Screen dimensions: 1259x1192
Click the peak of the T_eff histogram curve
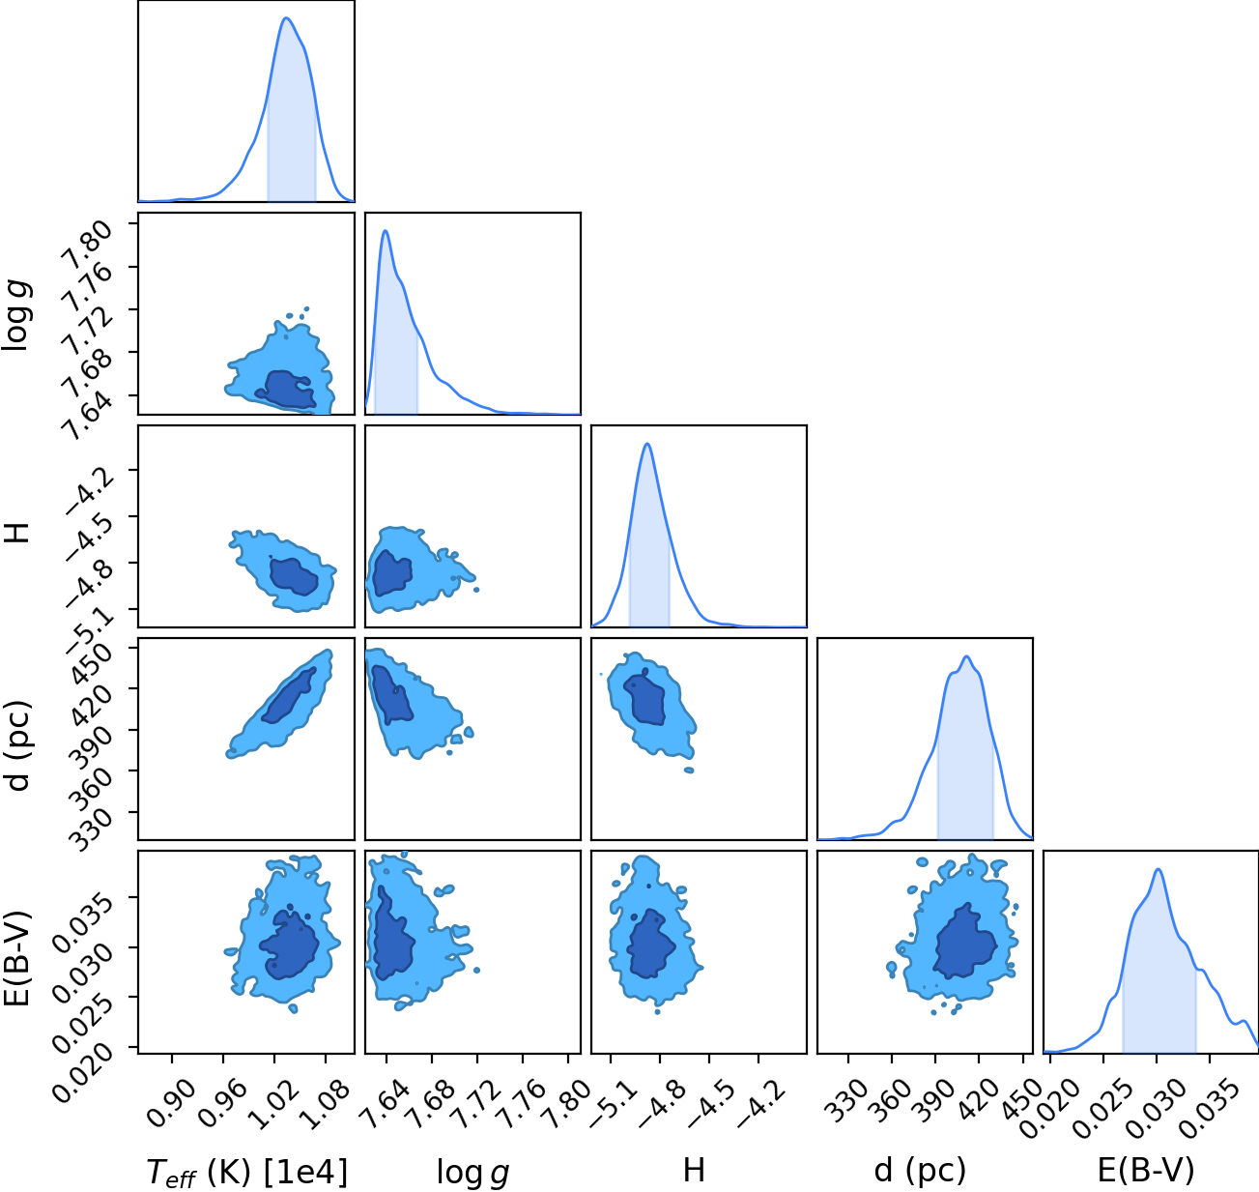286,18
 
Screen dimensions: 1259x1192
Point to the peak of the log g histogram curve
386,231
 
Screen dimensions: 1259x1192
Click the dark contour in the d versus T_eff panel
289,695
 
